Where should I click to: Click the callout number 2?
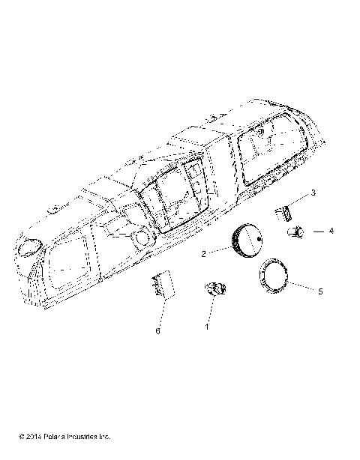tap(202, 254)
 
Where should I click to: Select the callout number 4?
tap(330, 232)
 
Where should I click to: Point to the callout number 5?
tap(320, 290)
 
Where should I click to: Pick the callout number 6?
tap(157, 330)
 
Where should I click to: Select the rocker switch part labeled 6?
tap(162, 285)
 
